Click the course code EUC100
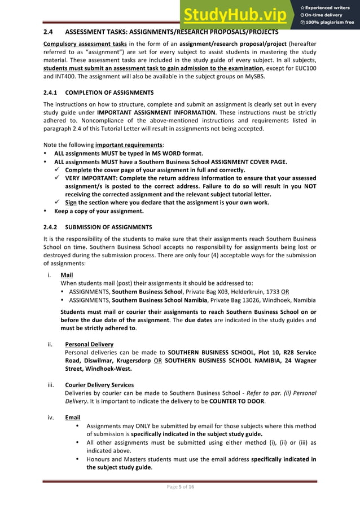pos(305,68)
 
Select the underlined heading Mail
pos(67,275)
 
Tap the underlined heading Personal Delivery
pos(89,344)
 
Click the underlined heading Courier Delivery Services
pos(99,385)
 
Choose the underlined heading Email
pos(72,418)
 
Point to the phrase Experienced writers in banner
pos(328,7)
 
